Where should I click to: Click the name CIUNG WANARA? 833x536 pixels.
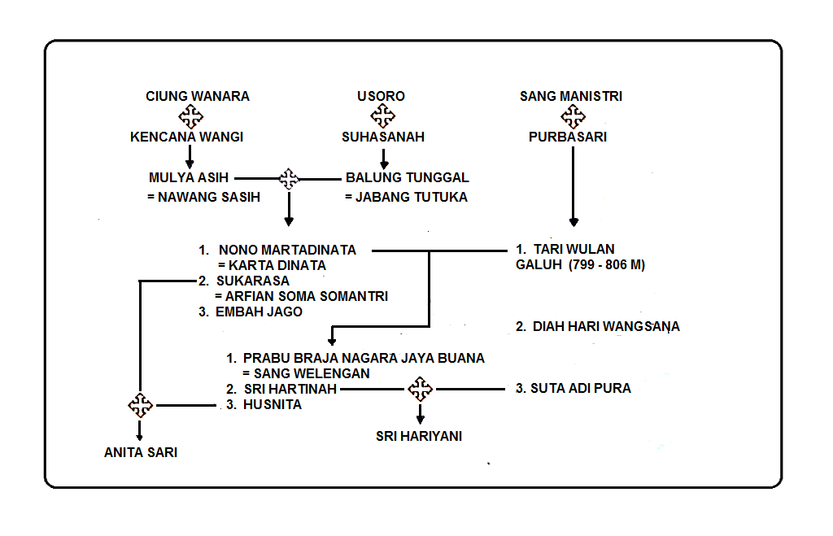coord(198,96)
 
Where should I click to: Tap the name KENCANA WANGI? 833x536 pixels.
coord(187,137)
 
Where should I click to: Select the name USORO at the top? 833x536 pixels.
coord(381,96)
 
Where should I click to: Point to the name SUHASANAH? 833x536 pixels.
coord(382,137)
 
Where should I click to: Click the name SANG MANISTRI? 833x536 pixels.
coord(571,96)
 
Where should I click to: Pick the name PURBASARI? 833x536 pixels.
coord(568,137)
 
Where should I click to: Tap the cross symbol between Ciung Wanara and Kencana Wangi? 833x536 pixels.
coord(190,116)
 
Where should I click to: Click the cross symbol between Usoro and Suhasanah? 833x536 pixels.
coord(382,116)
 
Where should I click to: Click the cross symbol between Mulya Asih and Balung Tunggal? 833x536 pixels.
coord(289,178)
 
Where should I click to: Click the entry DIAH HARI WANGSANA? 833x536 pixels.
coord(598,327)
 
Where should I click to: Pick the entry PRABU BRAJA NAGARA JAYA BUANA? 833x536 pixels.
coord(364,358)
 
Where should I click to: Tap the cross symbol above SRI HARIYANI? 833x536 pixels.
coord(420,390)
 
